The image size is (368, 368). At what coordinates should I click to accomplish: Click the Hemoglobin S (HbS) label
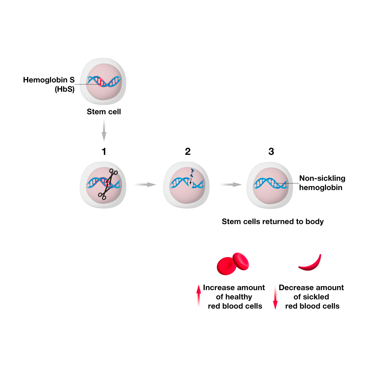(x=49, y=84)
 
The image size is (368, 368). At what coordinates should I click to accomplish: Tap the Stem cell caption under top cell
(x=104, y=112)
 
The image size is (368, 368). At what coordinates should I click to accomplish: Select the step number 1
(x=104, y=151)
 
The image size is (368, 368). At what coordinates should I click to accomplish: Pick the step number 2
(x=187, y=151)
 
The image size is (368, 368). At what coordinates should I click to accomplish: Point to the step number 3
(x=271, y=151)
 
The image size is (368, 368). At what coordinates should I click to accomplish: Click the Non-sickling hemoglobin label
(x=322, y=183)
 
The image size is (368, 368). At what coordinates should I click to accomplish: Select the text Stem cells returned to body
(x=272, y=222)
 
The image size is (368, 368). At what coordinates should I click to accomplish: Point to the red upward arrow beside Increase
(x=199, y=296)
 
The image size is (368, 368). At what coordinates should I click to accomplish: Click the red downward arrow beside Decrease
(x=275, y=298)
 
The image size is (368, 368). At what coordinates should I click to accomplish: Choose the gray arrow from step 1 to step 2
(x=145, y=185)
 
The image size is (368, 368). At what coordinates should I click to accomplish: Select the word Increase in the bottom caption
(x=217, y=288)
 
